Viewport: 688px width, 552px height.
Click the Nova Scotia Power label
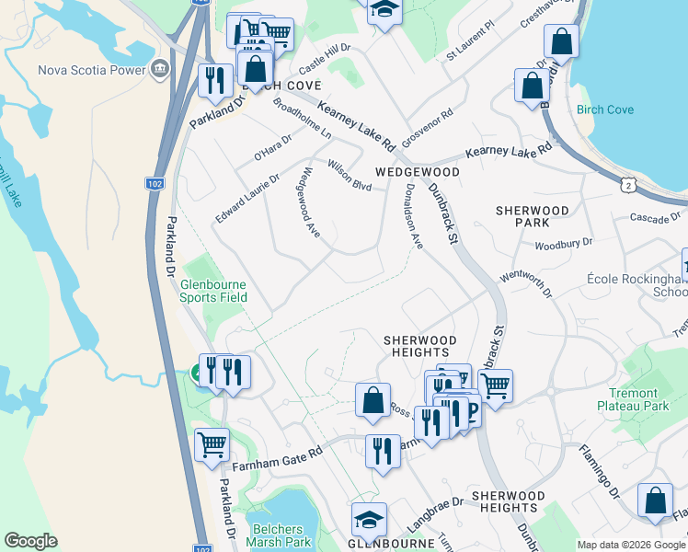92,70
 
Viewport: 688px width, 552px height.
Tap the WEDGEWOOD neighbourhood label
417,172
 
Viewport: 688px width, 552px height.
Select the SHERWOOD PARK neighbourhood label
532,216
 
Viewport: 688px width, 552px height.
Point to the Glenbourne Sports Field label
213,291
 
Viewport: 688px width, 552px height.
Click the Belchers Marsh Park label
277,535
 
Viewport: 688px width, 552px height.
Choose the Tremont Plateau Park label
632,398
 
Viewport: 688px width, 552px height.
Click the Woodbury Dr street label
564,245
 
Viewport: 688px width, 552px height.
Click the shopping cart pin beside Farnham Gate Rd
212,445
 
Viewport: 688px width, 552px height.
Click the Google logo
30,541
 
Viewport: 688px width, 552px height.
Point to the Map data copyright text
631,545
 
